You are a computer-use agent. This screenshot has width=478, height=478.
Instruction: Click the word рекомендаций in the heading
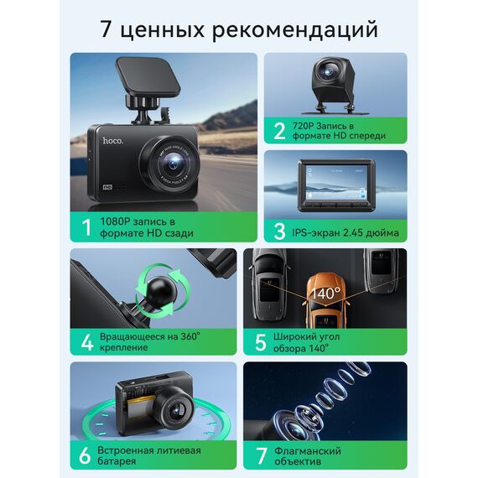point(295,29)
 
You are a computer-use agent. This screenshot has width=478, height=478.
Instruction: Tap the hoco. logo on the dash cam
point(113,141)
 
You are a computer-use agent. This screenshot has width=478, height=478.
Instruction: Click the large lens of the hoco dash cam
point(173,164)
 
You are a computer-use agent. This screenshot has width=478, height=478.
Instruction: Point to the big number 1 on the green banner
point(87,227)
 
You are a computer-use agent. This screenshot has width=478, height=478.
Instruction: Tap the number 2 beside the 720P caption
point(279,131)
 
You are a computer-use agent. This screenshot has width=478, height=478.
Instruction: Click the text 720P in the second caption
point(303,126)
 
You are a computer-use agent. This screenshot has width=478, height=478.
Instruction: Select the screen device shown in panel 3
point(336,185)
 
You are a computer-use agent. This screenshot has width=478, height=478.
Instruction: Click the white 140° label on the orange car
point(325,294)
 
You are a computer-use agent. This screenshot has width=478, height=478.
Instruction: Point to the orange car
point(325,300)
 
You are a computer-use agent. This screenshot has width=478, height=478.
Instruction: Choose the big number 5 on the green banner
point(261,342)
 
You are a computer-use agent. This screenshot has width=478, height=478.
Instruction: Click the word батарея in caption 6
point(117,461)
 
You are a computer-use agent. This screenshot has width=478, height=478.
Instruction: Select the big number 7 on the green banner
point(262,456)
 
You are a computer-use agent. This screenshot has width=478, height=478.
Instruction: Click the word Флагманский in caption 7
point(308,450)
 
